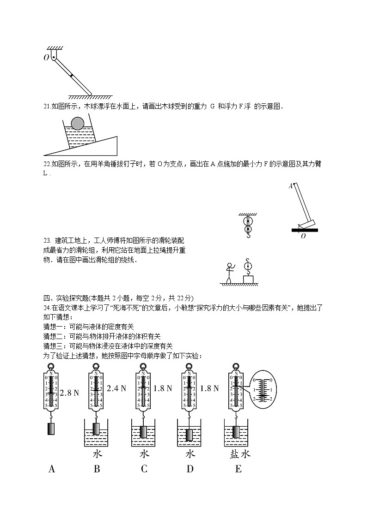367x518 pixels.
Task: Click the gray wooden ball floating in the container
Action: tap(78, 123)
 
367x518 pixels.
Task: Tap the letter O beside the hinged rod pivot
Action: tap(46, 58)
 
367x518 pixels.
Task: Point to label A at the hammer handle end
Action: tap(291, 186)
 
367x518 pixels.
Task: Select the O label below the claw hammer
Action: tap(303, 236)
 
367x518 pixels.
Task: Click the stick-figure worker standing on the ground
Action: tap(229, 273)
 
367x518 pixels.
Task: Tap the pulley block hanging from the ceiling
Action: tap(248, 225)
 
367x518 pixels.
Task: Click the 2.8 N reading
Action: tap(69, 393)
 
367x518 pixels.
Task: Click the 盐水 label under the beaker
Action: tap(239, 454)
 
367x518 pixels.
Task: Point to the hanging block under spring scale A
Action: tap(51, 429)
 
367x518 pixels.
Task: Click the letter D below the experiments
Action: tap(190, 469)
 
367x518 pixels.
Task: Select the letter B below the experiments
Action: tap(97, 469)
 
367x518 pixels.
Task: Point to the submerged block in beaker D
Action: tap(190, 435)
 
